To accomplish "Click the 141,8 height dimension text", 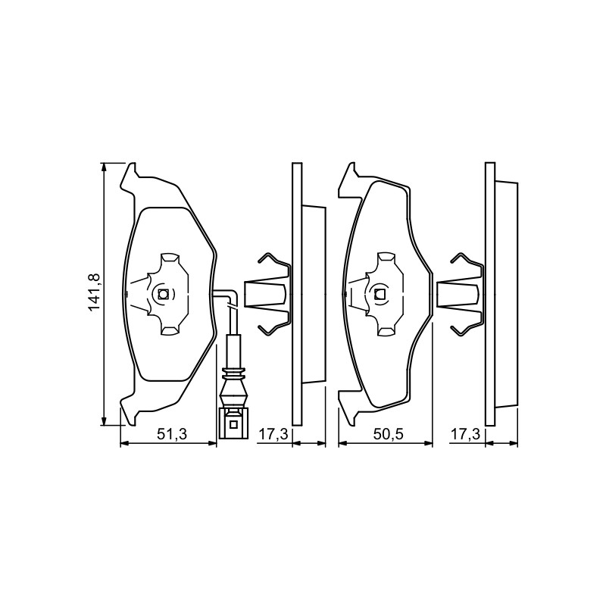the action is point(94,292).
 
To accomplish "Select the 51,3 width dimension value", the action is point(172,434).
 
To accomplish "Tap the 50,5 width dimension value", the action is point(389,434).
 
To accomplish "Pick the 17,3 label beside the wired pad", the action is point(273,434).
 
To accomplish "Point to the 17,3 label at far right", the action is point(465,434).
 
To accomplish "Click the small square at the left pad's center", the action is point(163,295).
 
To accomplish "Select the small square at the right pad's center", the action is point(380,295).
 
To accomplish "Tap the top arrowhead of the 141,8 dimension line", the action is point(103,167).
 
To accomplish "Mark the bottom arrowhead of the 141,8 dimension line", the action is point(103,421).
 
